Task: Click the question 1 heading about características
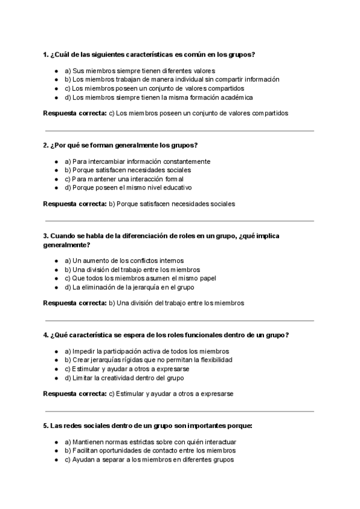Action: (x=149, y=54)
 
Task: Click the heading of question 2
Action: (x=121, y=145)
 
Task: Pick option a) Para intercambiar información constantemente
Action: (x=137, y=161)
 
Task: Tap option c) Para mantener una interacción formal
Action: (x=127, y=179)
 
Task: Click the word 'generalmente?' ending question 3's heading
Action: (x=67, y=245)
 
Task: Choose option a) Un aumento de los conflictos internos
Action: (x=127, y=261)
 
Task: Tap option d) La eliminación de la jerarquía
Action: (x=133, y=288)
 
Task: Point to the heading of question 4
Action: (x=166, y=335)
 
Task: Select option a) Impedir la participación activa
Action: (x=146, y=351)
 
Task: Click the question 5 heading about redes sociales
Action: (x=148, y=426)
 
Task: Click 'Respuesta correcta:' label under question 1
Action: (x=74, y=112)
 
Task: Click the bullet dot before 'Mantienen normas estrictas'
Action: (x=56, y=442)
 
